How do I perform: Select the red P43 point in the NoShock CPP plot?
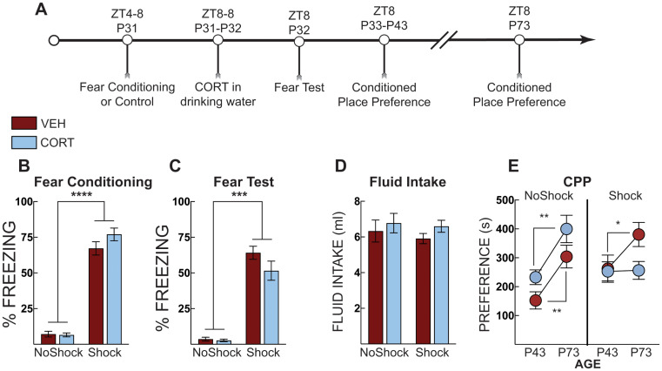535,300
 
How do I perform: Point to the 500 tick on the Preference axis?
498,202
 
